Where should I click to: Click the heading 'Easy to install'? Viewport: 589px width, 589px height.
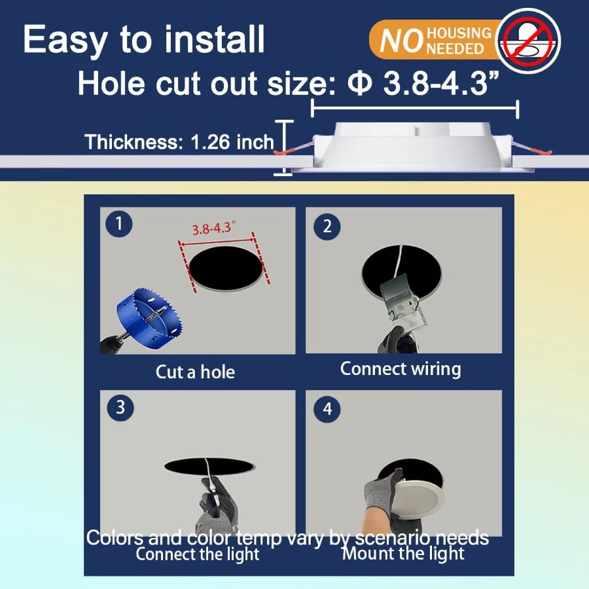point(144,40)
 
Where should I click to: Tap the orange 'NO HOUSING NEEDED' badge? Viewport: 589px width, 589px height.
point(436,40)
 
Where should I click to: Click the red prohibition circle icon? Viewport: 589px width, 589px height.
point(527,41)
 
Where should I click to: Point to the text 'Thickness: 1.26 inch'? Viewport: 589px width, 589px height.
point(179,142)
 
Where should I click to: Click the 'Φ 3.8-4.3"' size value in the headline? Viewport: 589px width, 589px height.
point(423,83)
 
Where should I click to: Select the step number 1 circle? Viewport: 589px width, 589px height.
point(118,224)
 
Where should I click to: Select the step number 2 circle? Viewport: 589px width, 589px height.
point(327,226)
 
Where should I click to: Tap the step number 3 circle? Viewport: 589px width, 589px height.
point(120,407)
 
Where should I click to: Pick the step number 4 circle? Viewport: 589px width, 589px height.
point(327,409)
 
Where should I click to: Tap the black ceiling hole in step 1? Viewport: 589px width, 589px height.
point(226,268)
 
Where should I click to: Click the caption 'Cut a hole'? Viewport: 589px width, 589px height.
point(195,372)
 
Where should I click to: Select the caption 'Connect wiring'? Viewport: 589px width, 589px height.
point(401,369)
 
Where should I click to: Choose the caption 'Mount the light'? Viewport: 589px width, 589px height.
point(403,553)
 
